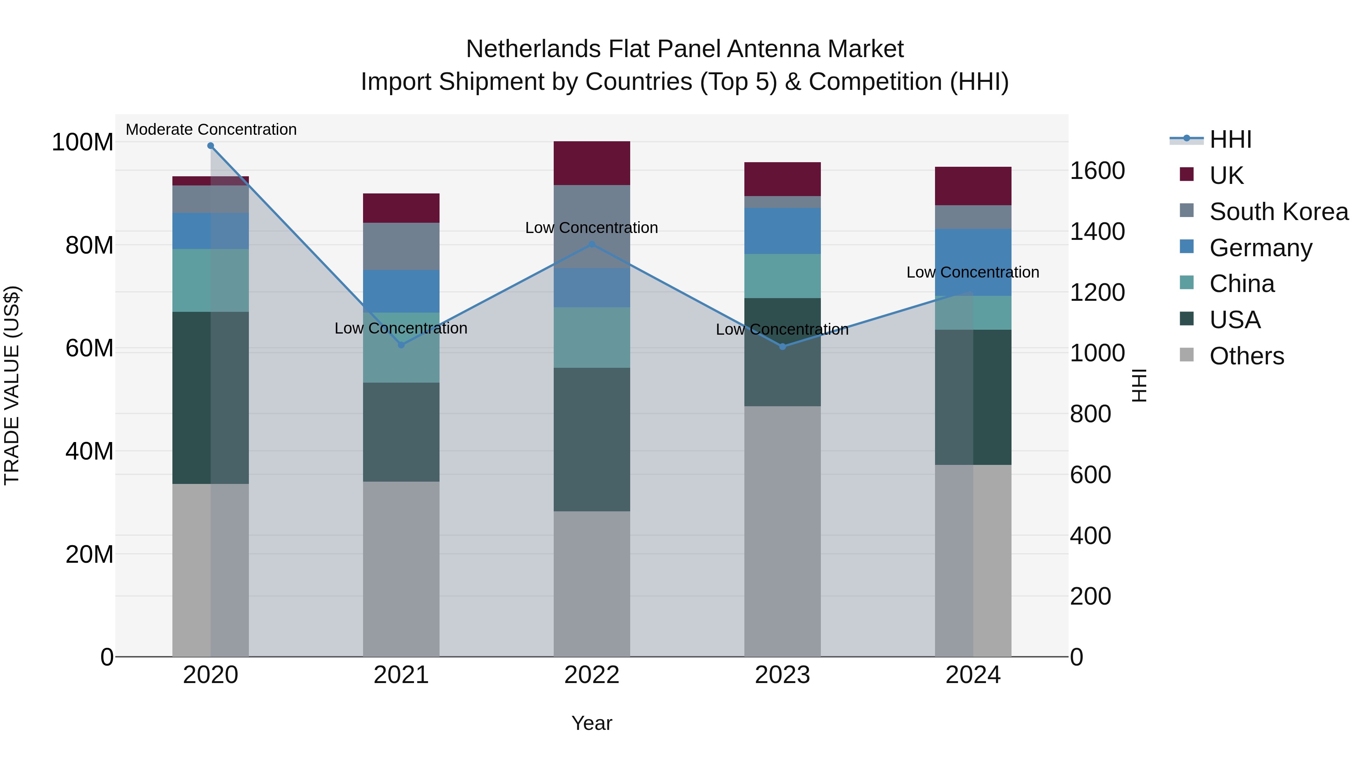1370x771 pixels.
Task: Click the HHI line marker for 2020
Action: pyautogui.click(x=210, y=146)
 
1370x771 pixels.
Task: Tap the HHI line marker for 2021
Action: pyautogui.click(x=401, y=345)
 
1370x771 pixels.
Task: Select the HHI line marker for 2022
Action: pyautogui.click(x=592, y=244)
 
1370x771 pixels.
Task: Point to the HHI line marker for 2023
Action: pyautogui.click(x=782, y=346)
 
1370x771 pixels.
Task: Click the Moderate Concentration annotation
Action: pyautogui.click(x=211, y=130)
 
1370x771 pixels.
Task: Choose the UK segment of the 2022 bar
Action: pyautogui.click(x=592, y=163)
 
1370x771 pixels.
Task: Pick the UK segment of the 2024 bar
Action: pyautogui.click(x=973, y=186)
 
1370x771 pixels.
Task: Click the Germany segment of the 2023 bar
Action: pyautogui.click(x=782, y=231)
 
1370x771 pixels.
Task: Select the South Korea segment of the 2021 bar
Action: pyautogui.click(x=401, y=246)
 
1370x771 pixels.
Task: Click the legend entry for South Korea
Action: pyautogui.click(x=1279, y=212)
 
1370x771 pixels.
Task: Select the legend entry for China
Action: pyautogui.click(x=1241, y=284)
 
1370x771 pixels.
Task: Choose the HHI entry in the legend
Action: pyautogui.click(x=1230, y=139)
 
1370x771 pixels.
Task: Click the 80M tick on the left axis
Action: pyautogui.click(x=89, y=245)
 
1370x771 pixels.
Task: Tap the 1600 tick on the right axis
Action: pyautogui.click(x=1097, y=171)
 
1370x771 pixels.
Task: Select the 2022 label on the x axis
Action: pyautogui.click(x=592, y=675)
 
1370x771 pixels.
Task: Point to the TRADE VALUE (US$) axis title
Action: pyautogui.click(x=12, y=385)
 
